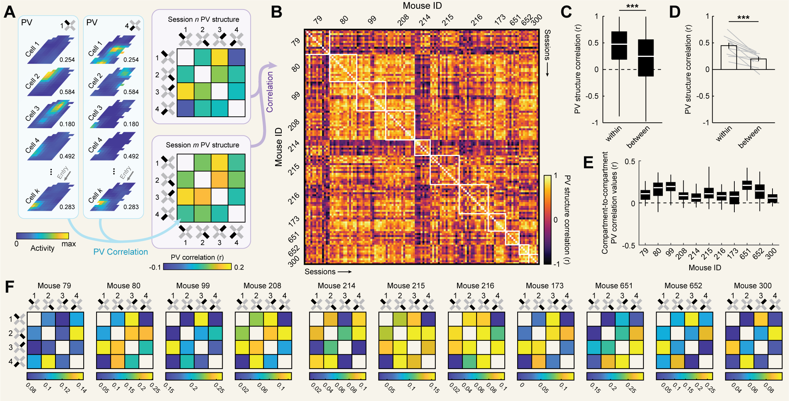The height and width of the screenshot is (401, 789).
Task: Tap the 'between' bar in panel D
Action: (758, 64)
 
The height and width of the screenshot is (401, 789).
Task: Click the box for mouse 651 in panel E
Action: (747, 185)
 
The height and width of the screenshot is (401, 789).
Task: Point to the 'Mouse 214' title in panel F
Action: (336, 286)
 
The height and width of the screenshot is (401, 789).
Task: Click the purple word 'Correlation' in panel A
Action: (270, 92)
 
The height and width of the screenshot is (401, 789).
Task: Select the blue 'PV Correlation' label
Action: (120, 252)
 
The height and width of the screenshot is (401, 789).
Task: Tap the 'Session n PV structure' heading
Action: (203, 19)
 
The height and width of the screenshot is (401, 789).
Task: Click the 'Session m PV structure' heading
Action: (202, 145)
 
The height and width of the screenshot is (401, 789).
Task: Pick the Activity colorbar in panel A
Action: (43, 236)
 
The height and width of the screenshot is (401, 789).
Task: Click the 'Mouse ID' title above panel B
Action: (422, 6)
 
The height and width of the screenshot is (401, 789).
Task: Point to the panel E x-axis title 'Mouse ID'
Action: (705, 268)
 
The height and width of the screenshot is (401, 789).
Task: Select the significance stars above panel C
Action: (632, 7)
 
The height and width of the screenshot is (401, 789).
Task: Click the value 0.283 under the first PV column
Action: (67, 207)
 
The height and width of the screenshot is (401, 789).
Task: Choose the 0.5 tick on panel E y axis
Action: (630, 162)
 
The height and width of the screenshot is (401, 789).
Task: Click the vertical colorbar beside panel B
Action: (547, 220)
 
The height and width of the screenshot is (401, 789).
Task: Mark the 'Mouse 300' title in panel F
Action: (753, 286)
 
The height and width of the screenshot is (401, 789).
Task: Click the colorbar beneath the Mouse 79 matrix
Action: (55, 376)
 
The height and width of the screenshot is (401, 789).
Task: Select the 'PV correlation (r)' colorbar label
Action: (197, 257)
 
